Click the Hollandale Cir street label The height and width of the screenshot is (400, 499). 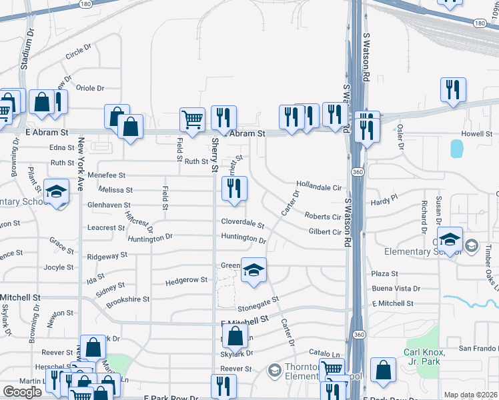coord(319,189)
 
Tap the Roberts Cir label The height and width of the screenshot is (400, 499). coord(323,217)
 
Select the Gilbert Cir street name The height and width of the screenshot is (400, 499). coord(325,232)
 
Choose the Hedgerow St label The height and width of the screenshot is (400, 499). coord(185,280)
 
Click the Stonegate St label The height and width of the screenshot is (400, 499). coord(256,304)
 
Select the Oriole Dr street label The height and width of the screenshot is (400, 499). coord(91,88)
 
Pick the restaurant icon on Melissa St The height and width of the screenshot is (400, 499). coord(233,189)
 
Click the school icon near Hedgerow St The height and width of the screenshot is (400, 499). coord(253,270)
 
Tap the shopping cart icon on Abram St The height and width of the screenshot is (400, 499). coord(192,120)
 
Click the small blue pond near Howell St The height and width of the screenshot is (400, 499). coord(456,148)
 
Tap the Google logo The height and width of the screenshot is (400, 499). coord(22,392)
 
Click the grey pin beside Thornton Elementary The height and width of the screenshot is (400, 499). coord(274,369)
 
